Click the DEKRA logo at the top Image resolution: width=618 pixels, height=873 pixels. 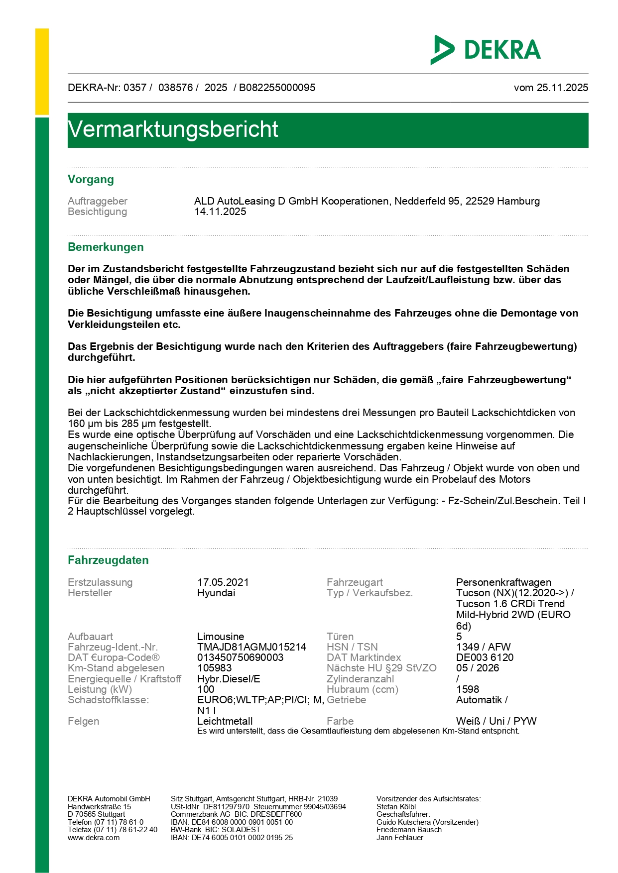[x=486, y=50]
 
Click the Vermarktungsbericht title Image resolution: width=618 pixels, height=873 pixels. [x=173, y=129]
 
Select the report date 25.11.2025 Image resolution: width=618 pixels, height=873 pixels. [x=562, y=88]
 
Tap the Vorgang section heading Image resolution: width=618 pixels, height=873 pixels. [x=91, y=180]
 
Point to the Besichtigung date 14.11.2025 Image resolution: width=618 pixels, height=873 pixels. [x=220, y=212]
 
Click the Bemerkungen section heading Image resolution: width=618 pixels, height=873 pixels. [x=106, y=247]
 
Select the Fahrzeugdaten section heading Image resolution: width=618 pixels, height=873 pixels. [x=108, y=560]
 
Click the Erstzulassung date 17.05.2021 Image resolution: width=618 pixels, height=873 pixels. [x=223, y=582]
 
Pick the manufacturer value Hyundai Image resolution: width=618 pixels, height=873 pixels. [x=216, y=593]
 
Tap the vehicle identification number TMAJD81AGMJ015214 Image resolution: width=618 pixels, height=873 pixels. [x=251, y=647]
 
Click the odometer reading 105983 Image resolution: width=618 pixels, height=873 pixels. [x=214, y=668]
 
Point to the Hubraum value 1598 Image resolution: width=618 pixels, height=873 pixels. [x=467, y=689]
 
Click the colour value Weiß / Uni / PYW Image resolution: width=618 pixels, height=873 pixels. [x=496, y=721]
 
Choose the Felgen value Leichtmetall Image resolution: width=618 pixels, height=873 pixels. [x=225, y=721]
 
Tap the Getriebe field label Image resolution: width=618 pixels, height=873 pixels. [x=346, y=700]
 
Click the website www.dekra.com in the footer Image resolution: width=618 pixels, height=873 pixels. [x=94, y=838]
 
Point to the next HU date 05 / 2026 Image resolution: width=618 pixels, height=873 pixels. [x=477, y=668]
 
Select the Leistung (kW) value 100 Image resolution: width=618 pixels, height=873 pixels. [x=206, y=689]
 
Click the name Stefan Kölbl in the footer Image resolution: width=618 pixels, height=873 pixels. [x=396, y=806]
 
